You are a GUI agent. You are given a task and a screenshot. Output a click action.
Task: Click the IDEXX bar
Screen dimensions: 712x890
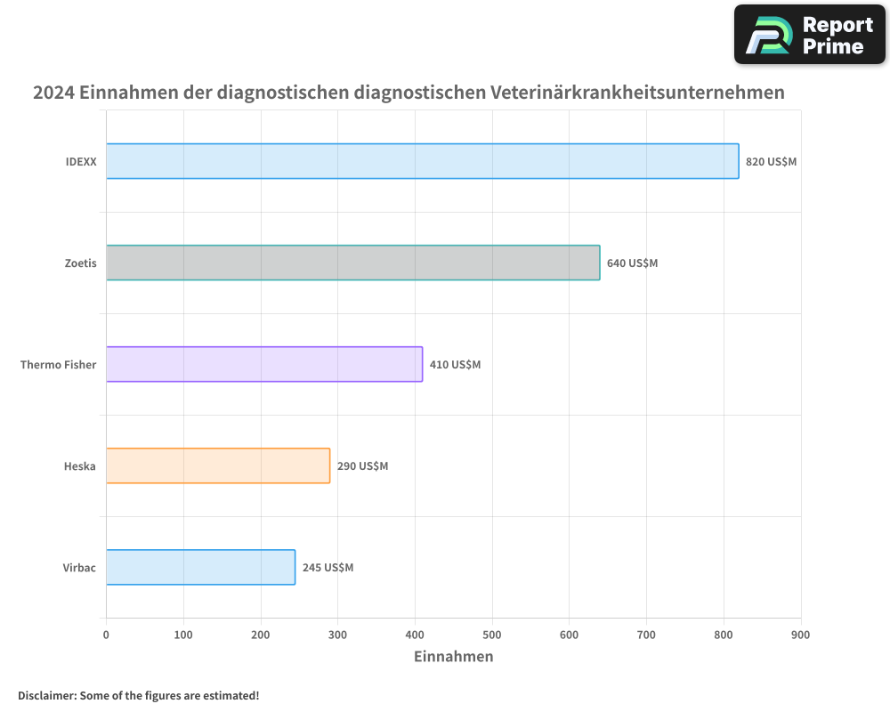(x=422, y=161)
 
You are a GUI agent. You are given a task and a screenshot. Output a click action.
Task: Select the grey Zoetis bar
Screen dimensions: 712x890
(x=352, y=263)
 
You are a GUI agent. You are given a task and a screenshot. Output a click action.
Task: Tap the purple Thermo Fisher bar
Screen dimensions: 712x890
(x=263, y=364)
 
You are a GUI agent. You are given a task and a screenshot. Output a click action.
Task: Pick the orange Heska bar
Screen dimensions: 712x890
(x=217, y=465)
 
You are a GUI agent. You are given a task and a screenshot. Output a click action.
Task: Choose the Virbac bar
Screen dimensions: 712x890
(x=200, y=567)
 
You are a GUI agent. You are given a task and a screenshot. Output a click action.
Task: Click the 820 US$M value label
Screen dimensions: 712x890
(x=771, y=162)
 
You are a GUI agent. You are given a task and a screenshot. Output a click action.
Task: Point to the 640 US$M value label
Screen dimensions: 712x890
(x=632, y=263)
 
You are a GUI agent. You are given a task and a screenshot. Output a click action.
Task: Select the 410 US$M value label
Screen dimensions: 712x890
(x=455, y=365)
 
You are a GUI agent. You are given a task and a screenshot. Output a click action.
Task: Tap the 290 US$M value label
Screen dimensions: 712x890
(x=362, y=466)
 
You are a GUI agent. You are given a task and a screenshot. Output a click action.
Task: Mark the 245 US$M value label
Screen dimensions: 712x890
(x=328, y=568)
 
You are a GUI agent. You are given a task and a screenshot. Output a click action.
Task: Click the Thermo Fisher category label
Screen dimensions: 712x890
(x=58, y=365)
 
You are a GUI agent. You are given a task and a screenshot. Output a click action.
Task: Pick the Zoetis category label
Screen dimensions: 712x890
(x=80, y=263)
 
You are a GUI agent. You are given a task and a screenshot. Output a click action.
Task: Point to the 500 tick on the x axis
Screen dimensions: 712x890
(x=492, y=635)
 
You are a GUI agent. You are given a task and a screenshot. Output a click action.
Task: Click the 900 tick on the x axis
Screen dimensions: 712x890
(x=801, y=635)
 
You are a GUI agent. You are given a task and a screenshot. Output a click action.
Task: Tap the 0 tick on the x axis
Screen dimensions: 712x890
(x=106, y=635)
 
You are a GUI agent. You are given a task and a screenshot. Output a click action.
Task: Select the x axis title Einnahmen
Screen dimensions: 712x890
(x=453, y=657)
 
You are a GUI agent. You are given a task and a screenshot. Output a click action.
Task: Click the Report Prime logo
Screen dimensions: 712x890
(x=810, y=35)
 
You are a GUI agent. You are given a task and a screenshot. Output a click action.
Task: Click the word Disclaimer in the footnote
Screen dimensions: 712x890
(x=46, y=695)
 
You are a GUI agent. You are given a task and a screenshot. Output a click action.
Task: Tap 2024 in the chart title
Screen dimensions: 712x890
(x=53, y=93)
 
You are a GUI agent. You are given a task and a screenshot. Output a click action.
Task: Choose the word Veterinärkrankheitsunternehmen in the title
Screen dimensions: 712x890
(x=637, y=93)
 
